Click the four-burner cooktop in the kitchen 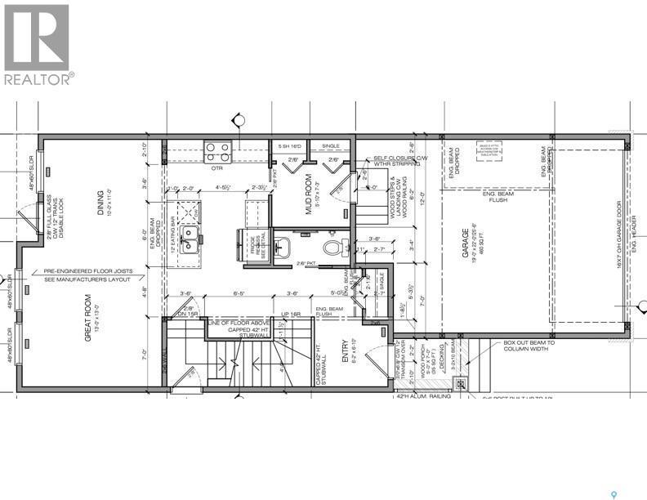point(218,152)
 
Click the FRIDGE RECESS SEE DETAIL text point(247,243)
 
